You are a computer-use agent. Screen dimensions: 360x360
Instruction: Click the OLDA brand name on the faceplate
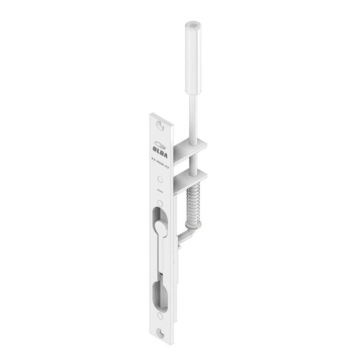point(159,149)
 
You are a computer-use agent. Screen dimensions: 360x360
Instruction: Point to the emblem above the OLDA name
point(159,142)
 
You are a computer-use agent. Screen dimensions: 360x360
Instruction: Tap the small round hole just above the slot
point(159,203)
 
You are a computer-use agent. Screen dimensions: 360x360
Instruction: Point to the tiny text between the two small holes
point(159,191)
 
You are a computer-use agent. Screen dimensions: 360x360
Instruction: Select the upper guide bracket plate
point(190,145)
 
